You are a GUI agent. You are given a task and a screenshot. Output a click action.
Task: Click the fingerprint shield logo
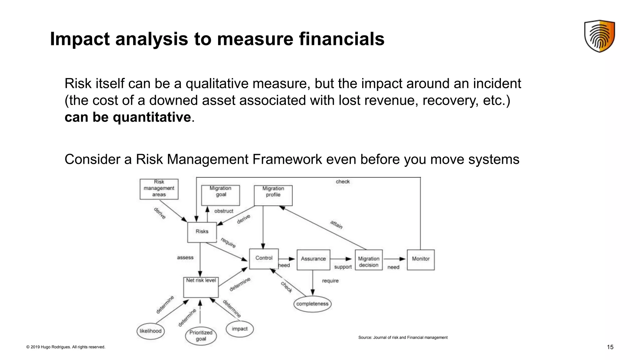pos(599,36)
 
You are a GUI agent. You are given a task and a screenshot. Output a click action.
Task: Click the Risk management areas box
pos(159,189)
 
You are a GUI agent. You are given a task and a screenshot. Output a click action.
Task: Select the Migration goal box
pos(221,195)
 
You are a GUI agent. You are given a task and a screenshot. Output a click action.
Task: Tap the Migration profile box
pos(273,195)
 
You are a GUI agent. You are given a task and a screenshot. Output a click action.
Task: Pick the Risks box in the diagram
pos(202,232)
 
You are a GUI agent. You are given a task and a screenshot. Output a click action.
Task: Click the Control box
pos(264,258)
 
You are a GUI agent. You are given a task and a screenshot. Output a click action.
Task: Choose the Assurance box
pos(313,259)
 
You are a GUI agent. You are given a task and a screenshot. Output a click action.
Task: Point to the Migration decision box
pos(369,260)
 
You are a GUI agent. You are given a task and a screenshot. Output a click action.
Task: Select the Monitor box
pos(421,259)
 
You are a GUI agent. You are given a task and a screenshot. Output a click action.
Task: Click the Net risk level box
pos(201,287)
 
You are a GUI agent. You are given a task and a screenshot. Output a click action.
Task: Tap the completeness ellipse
pos(312,304)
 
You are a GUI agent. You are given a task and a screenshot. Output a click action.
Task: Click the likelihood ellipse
pos(151,331)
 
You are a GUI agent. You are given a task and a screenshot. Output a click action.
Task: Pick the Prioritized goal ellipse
pos(201,336)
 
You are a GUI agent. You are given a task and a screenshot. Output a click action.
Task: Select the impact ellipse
pos(240,329)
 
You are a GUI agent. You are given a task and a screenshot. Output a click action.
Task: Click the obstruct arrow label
pos(224,211)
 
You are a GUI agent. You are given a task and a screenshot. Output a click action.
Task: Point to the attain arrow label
pos(337,224)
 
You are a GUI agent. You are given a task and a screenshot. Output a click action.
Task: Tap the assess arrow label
pos(185,257)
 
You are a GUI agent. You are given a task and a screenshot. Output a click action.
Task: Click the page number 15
pos(610,347)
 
